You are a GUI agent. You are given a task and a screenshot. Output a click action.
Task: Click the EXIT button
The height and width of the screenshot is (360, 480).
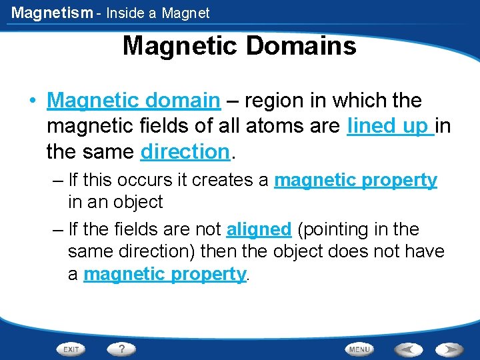pyautogui.click(x=71, y=349)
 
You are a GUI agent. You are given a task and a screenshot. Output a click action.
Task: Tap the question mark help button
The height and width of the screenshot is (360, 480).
pyautogui.click(x=121, y=349)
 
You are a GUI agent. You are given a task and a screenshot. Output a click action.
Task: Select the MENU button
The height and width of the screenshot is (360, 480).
pyautogui.click(x=359, y=349)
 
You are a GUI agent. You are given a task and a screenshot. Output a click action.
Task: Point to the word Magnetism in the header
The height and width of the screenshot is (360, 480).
pyautogui.click(x=51, y=13)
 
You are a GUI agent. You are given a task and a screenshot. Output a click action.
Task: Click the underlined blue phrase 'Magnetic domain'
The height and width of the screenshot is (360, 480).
pyautogui.click(x=133, y=101)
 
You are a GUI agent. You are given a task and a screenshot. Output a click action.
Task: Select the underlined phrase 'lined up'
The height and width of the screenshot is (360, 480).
pyautogui.click(x=390, y=126)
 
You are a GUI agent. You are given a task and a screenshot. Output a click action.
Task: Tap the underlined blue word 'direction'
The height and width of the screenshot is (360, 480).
pyautogui.click(x=185, y=151)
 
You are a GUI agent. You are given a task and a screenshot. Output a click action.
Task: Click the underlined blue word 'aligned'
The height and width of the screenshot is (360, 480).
pyautogui.click(x=259, y=230)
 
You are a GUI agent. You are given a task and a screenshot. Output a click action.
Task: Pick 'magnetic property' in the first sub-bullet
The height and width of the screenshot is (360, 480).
pyautogui.click(x=355, y=180)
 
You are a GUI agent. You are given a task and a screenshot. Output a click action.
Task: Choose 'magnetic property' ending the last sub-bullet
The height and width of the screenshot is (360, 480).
pyautogui.click(x=165, y=274)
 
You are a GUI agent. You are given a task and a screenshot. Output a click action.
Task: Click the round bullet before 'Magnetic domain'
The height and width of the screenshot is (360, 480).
pyautogui.click(x=32, y=101)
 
